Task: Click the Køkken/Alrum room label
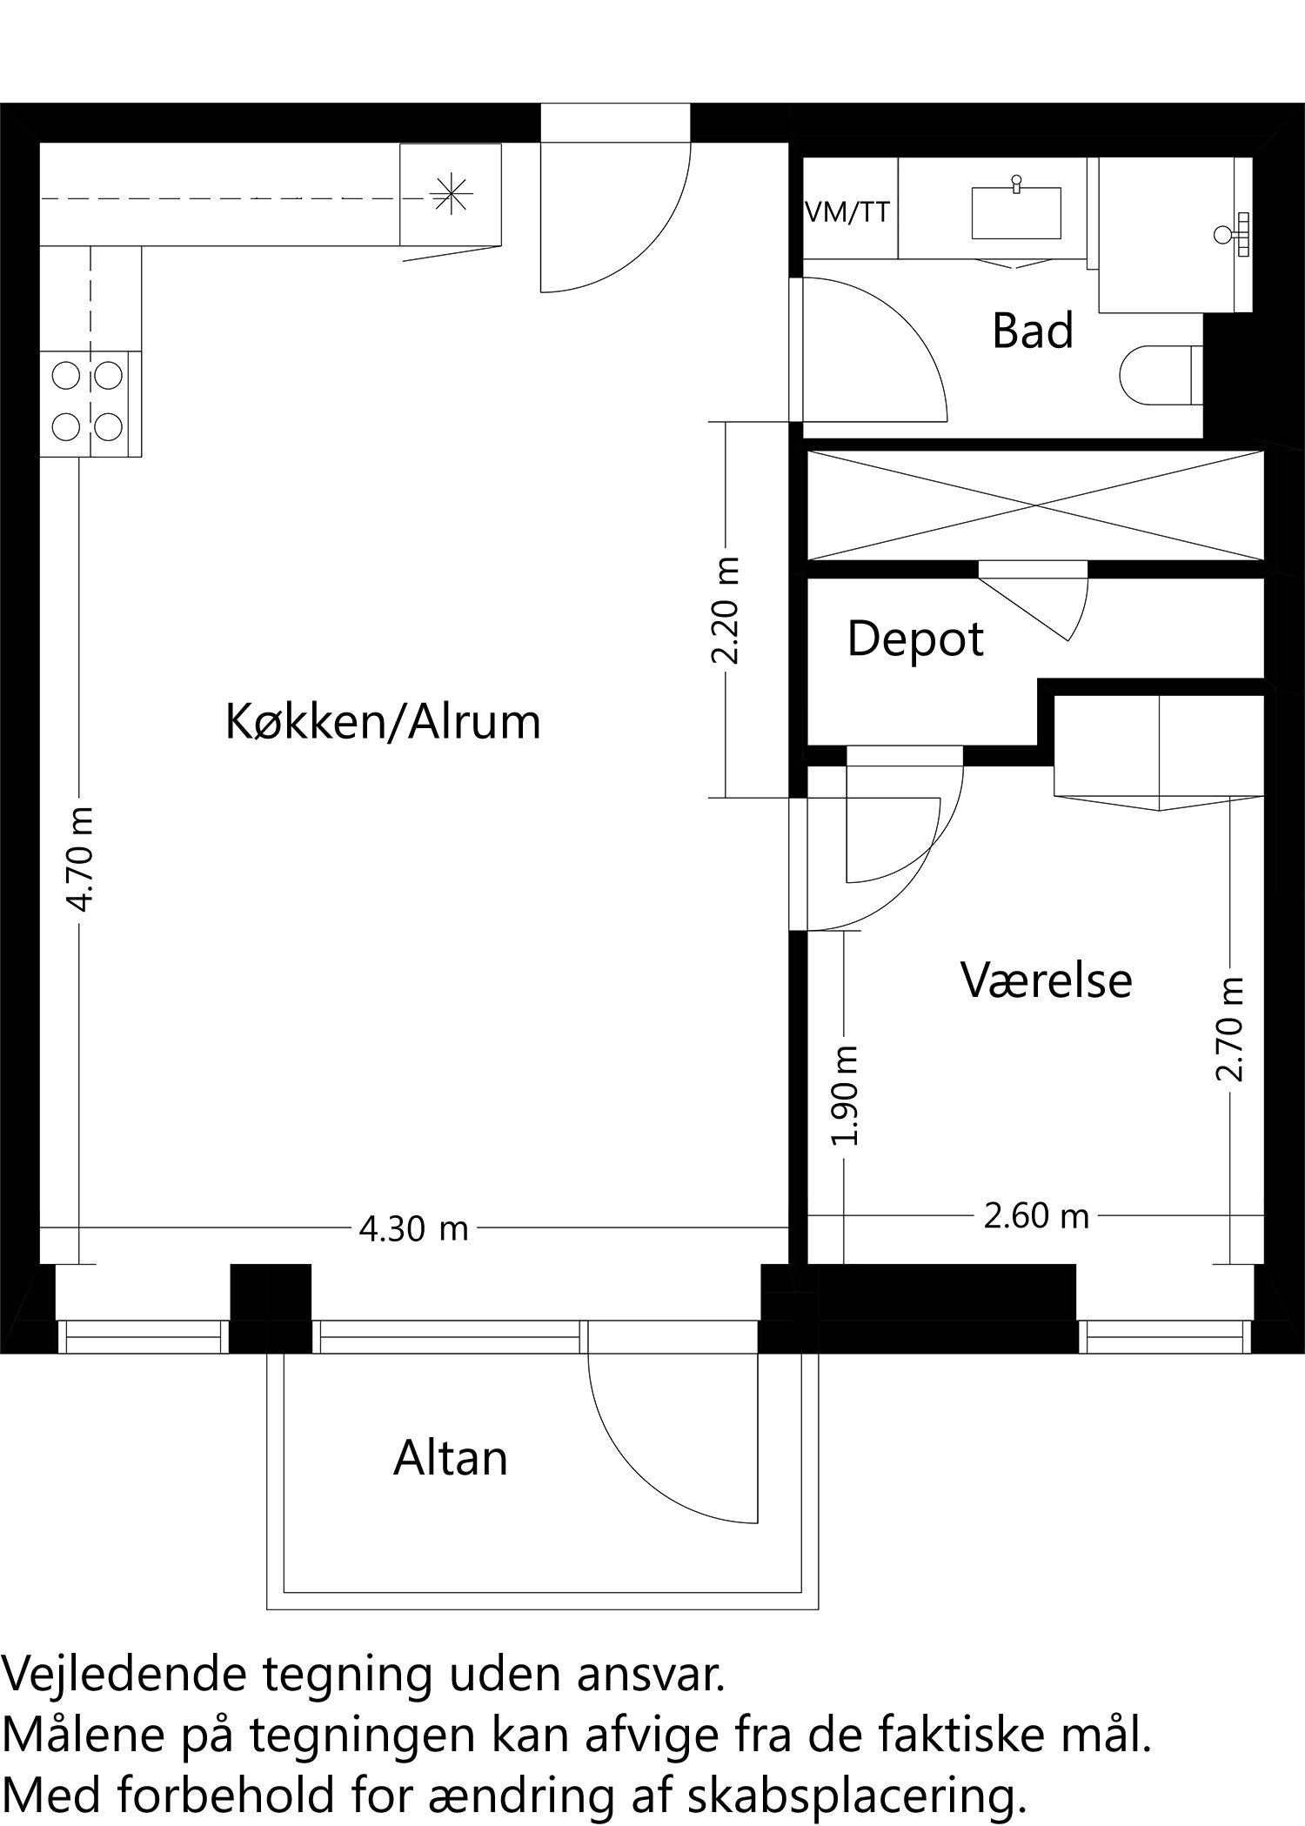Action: click(383, 722)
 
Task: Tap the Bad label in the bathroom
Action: click(1033, 331)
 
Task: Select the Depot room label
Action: click(915, 639)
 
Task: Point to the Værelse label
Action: click(1047, 980)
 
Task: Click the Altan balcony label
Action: click(450, 1458)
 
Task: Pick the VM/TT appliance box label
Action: click(848, 211)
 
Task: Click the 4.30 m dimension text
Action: click(413, 1229)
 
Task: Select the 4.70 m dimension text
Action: click(81, 859)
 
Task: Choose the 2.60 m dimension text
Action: click(1036, 1215)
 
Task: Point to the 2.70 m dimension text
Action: click(1230, 1029)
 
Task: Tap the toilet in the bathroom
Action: click(1157, 377)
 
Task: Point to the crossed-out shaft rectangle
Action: click(1034, 505)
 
